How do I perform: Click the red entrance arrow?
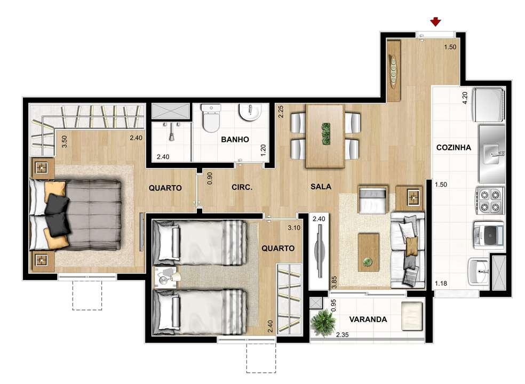pyautogui.click(x=435, y=22)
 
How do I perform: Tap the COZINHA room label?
pyautogui.click(x=453, y=148)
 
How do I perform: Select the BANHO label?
pyautogui.click(x=235, y=140)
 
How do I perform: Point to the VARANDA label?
pyautogui.click(x=368, y=319)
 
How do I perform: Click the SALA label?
pyautogui.click(x=321, y=187)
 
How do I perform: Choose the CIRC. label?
pyautogui.click(x=242, y=188)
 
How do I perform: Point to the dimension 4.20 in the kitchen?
pyautogui.click(x=465, y=98)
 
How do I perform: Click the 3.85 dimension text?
pyautogui.click(x=334, y=282)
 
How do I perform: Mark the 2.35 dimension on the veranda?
pyautogui.click(x=343, y=335)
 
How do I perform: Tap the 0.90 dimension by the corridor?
pyautogui.click(x=210, y=178)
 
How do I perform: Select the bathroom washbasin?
pyautogui.click(x=249, y=113)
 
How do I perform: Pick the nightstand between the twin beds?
pyautogui.click(x=167, y=277)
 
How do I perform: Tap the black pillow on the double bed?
pyautogui.click(x=57, y=213)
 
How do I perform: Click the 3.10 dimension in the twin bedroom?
pyautogui.click(x=294, y=228)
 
